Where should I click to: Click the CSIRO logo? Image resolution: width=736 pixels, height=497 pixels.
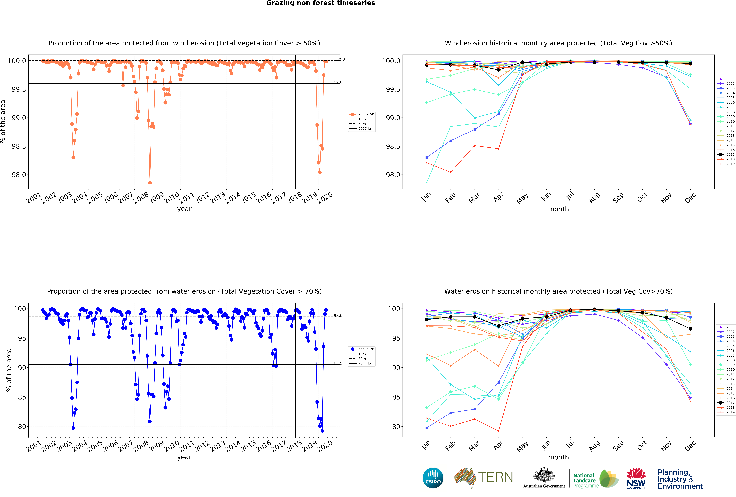(x=433, y=478)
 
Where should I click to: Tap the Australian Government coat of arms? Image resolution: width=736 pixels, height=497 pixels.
(x=544, y=475)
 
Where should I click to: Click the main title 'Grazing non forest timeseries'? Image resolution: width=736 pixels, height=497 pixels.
(x=320, y=3)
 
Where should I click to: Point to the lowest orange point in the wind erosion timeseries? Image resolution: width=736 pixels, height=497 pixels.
(x=150, y=183)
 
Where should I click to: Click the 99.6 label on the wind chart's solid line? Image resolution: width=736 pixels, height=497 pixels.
(x=338, y=82)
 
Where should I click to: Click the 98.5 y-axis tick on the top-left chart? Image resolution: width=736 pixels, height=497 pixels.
(x=19, y=146)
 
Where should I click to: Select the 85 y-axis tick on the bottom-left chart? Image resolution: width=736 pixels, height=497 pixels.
(x=22, y=397)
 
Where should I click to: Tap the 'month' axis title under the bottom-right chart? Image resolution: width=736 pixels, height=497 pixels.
(x=558, y=457)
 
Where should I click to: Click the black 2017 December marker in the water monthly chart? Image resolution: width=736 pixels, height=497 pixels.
(x=690, y=329)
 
